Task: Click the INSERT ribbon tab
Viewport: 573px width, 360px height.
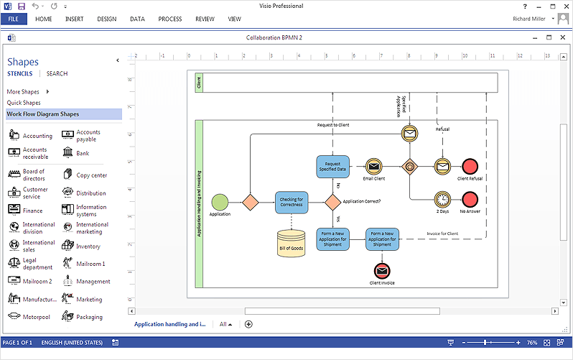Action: point(74,19)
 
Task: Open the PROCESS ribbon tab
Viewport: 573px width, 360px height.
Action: point(169,19)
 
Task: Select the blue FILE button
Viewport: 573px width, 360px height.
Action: point(14,19)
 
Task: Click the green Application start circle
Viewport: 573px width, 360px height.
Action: point(220,201)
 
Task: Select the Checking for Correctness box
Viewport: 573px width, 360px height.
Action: point(292,202)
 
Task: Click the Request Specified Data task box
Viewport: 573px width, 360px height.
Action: point(332,167)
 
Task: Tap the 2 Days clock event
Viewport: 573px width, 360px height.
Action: point(442,199)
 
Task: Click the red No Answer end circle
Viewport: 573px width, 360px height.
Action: point(470,199)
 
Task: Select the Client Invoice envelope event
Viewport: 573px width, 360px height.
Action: point(382,270)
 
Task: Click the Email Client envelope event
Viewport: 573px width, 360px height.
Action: point(373,167)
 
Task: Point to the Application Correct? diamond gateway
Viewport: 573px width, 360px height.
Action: point(332,202)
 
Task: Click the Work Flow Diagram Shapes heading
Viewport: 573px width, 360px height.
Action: point(43,114)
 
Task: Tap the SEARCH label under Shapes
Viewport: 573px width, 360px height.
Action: point(57,73)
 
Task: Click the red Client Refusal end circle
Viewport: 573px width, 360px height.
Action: point(470,167)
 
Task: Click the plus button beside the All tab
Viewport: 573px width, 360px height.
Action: point(248,324)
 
